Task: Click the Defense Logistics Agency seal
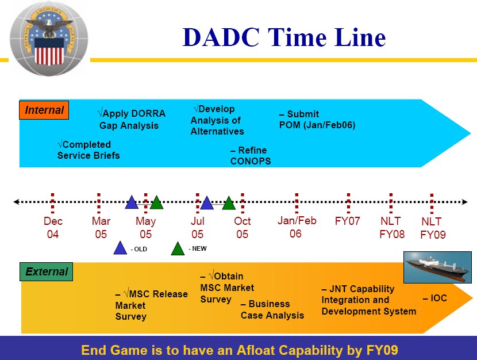coord(49,39)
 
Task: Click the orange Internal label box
coord(44,110)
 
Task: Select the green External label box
coord(46,271)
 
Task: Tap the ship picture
coord(437,267)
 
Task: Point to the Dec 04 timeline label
coord(53,228)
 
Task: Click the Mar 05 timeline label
coord(101,228)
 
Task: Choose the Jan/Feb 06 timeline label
coord(297,227)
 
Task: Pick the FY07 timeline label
coord(348,221)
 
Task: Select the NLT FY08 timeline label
coord(392,228)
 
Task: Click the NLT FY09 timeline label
coord(433,228)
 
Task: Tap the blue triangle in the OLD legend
coord(120,248)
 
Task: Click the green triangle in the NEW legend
coord(178,248)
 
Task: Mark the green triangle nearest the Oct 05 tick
coord(229,204)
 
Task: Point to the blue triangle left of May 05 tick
coord(132,202)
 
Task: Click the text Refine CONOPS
coord(251,155)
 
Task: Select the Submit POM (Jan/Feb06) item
coord(317,119)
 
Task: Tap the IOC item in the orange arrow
coord(435,298)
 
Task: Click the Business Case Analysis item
coord(272,309)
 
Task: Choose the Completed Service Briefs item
coord(89,150)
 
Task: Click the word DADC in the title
coord(221,37)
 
